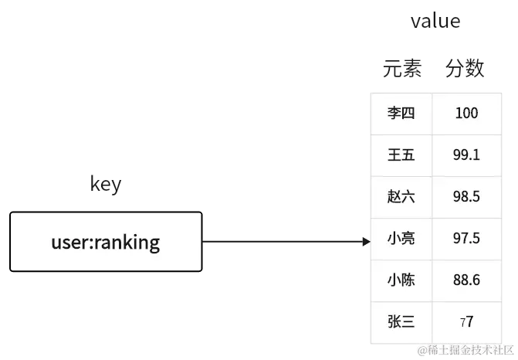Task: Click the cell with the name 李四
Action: pos(401,114)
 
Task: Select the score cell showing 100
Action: pos(466,114)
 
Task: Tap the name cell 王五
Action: pos(401,155)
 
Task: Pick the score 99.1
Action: pos(466,155)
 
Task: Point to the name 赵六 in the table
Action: pos(401,196)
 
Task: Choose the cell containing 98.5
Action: pos(466,196)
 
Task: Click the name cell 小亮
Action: pos(401,238)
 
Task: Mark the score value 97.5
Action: pos(466,238)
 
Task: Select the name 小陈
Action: pos(401,280)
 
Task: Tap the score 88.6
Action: pos(466,280)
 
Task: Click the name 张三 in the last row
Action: pos(401,321)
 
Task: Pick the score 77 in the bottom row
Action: pos(466,321)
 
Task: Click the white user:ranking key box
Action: pos(106,242)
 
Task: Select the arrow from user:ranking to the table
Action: pos(286,241)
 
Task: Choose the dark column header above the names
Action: pos(405,70)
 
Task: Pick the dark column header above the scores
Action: pos(465,70)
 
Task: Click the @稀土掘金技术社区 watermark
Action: pos(465,351)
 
